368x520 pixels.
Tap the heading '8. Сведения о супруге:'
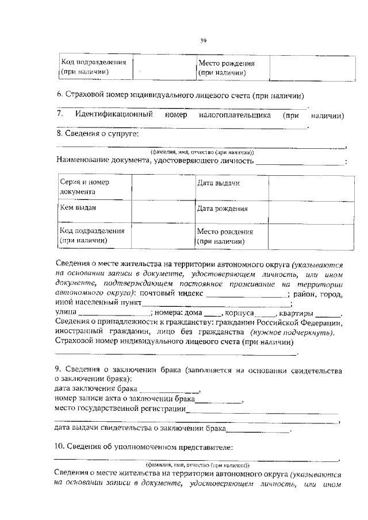click(97, 134)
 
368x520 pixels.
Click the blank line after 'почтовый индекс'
click(242, 294)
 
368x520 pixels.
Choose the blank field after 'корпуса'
click(265, 314)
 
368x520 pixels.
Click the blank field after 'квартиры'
click(328, 314)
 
